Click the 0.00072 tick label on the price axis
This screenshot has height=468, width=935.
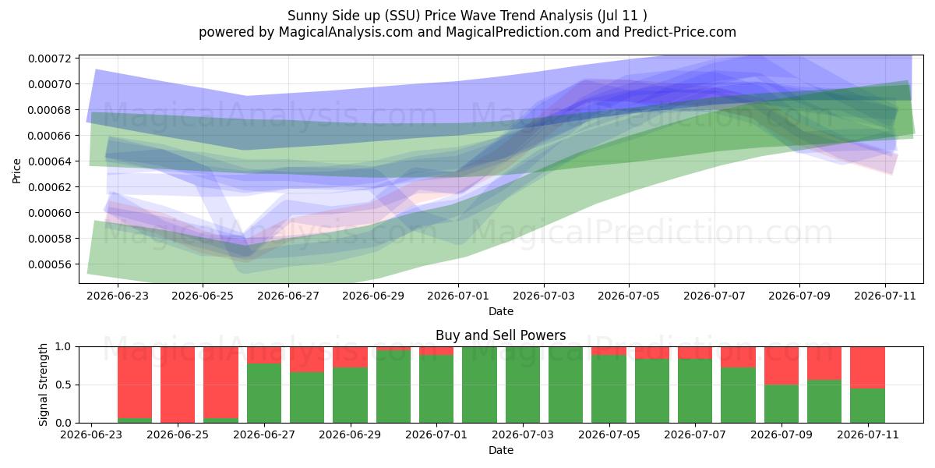[50, 58]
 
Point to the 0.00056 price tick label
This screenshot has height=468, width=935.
[50, 264]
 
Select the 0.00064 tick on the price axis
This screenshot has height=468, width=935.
[50, 161]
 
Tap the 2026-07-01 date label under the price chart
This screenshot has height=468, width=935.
[458, 296]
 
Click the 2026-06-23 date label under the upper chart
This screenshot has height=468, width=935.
[118, 296]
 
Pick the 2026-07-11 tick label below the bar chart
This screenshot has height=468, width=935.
[868, 434]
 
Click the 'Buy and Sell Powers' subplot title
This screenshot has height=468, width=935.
[501, 335]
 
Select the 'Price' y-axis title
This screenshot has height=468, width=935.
[16, 171]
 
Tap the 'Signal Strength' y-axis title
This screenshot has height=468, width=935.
[43, 385]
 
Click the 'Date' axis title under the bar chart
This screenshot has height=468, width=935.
[501, 450]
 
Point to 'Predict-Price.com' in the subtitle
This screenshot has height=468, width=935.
[680, 32]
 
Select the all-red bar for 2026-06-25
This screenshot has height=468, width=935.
[178, 385]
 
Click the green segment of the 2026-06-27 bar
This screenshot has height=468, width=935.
[264, 393]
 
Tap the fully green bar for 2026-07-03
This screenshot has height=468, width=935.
[523, 385]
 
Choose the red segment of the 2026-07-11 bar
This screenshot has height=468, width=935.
[868, 367]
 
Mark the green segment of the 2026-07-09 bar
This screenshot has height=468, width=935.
[782, 404]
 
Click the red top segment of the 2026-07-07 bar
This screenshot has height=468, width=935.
[695, 353]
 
